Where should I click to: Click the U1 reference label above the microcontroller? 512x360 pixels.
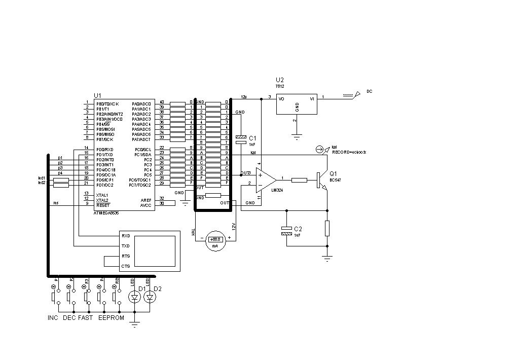point(97,95)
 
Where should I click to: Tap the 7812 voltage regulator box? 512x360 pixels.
point(297,105)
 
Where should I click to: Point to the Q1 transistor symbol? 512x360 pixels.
point(321,181)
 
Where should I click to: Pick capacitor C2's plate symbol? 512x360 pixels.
point(287,231)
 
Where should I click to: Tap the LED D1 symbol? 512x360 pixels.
point(134,298)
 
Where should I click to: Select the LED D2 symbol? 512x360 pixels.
point(149,298)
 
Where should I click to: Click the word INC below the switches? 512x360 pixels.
point(53,318)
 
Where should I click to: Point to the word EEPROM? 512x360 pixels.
point(111,318)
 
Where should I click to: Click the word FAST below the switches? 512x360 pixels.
point(86,318)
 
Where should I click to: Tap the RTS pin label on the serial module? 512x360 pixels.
point(125,256)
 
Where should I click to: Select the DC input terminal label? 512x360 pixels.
point(370,92)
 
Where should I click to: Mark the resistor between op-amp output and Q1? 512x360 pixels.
point(299,179)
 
